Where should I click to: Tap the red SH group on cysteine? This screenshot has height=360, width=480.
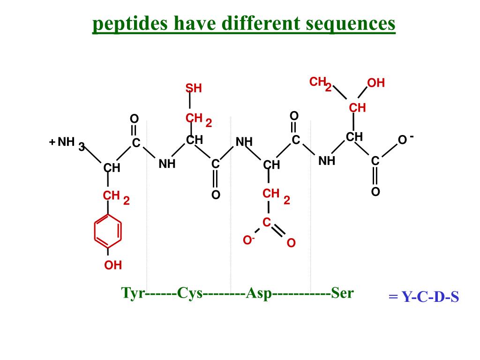[x=193, y=88]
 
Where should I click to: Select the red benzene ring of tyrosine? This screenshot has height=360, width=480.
[x=108, y=231]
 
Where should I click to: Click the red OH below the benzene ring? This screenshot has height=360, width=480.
[x=113, y=265]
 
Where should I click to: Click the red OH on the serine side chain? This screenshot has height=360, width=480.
[x=376, y=83]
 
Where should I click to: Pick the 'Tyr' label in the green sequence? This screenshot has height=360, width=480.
[x=133, y=293]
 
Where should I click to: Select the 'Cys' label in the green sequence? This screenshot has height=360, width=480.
[x=189, y=293]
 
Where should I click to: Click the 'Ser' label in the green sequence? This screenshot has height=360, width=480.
[x=342, y=293]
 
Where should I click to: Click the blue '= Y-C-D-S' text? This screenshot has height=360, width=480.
[x=423, y=297]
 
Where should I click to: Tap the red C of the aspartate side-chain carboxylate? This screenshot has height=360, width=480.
[x=267, y=222]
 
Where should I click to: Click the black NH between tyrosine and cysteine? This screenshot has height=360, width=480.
[x=167, y=164]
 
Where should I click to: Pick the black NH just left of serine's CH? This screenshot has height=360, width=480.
[x=327, y=161]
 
